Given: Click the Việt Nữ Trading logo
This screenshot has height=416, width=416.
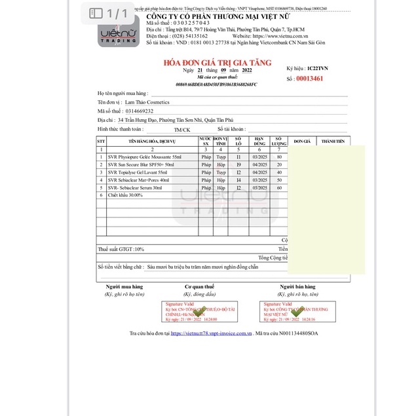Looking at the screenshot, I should coord(119,32).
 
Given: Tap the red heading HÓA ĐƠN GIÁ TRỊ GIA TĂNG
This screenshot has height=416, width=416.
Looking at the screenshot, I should coord(208,62).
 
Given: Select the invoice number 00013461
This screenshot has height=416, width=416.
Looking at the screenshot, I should coord(310,78).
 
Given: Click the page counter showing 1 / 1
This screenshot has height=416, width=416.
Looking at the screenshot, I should coord(109,13).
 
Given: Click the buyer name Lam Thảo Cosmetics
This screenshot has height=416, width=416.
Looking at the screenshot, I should coord(147,102).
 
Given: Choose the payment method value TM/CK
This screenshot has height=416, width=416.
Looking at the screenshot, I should coord(182,130).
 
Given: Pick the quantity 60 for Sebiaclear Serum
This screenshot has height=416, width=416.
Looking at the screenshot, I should coord(280,188).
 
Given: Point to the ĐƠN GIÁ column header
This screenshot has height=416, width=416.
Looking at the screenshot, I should coord(301,142).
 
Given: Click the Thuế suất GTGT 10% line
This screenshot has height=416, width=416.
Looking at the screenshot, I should coord(121,250).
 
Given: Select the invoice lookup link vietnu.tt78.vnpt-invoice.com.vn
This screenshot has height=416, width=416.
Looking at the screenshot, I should coord(212,333).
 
